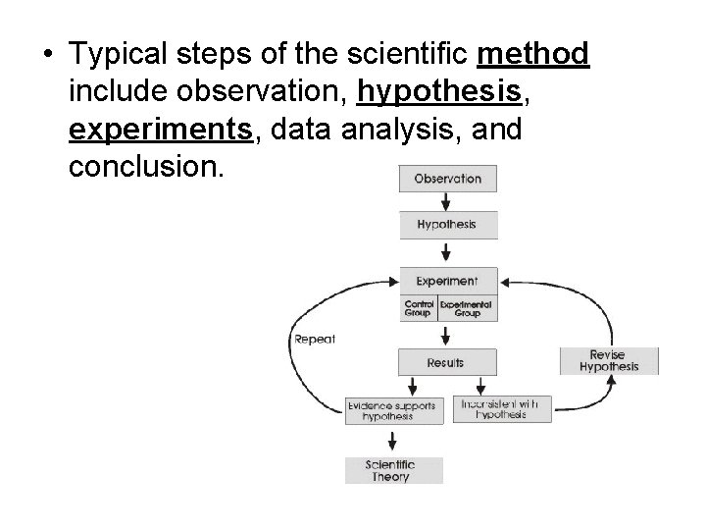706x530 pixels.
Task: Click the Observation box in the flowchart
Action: [x=447, y=179]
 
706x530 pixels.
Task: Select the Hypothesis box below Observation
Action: [x=447, y=225]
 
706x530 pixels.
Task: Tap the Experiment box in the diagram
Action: [x=447, y=280]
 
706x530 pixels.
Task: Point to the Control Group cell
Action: [x=420, y=307]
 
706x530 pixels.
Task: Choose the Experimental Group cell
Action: [x=467, y=307]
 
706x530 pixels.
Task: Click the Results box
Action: [x=445, y=362]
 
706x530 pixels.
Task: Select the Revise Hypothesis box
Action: [x=609, y=360]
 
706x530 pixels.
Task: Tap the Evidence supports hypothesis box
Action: [x=387, y=409]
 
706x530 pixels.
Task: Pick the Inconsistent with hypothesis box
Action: [x=502, y=408]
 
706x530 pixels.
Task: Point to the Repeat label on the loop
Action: [x=314, y=340]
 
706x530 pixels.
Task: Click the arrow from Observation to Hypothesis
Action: [x=447, y=201]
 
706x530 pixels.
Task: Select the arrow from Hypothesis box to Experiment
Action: [x=447, y=252]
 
